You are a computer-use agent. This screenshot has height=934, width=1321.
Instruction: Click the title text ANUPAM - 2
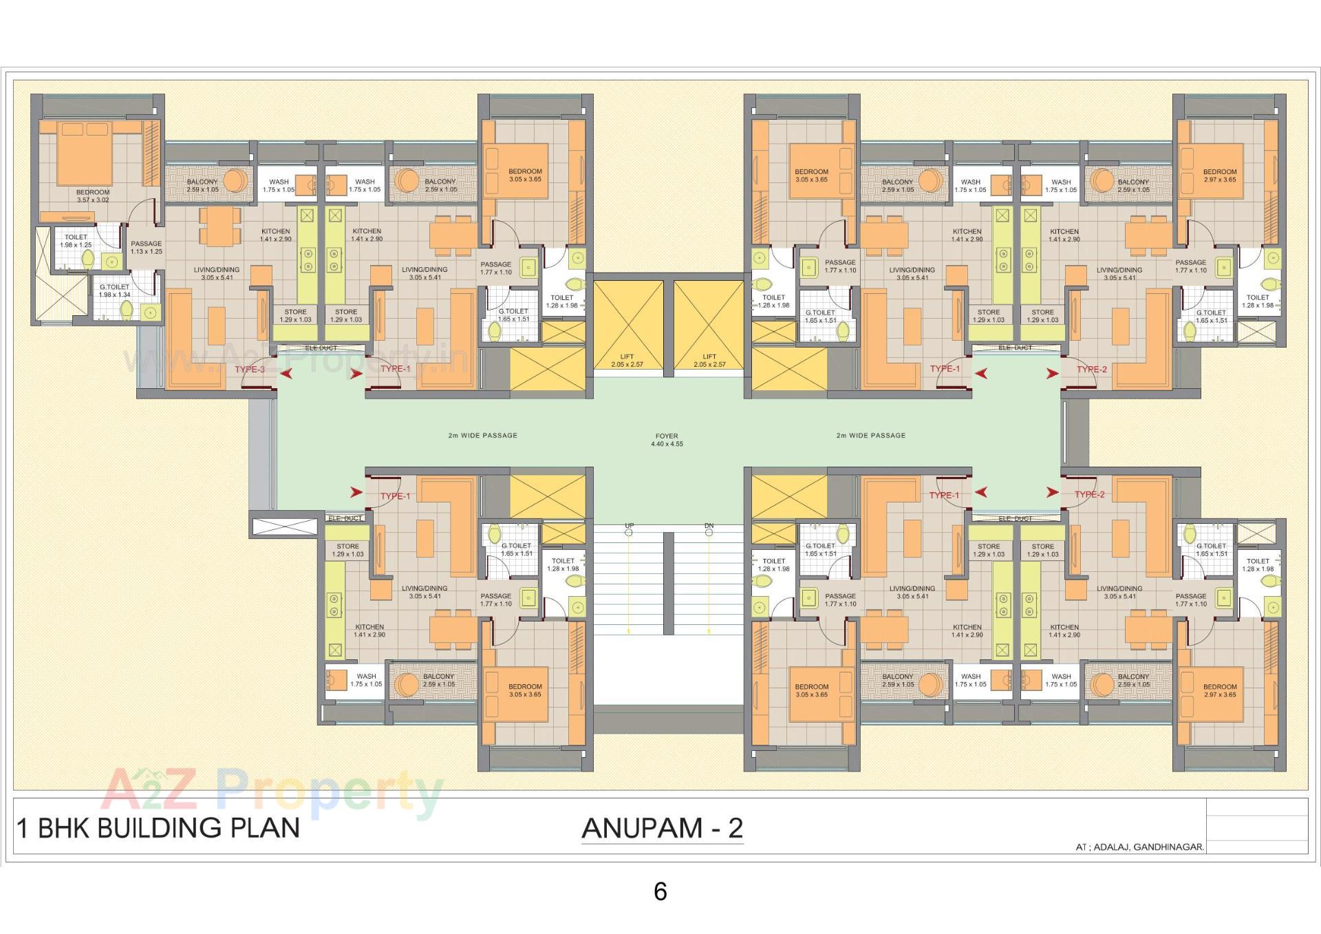[x=662, y=828]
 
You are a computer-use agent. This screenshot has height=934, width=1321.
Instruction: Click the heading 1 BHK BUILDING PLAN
[x=158, y=828]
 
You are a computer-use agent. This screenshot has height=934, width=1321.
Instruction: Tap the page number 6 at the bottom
[x=660, y=892]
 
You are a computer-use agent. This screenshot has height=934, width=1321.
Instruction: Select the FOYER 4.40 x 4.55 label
[x=666, y=440]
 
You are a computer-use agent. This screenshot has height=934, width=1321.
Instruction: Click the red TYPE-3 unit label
[x=249, y=370]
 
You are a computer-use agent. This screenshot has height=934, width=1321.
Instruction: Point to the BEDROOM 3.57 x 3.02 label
[x=92, y=196]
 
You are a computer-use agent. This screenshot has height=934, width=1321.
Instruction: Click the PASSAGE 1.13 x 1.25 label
[x=146, y=247]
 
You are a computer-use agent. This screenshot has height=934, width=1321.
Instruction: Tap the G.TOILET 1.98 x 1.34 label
[x=114, y=290]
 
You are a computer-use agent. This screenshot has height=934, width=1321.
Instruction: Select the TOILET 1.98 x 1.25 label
[x=76, y=240]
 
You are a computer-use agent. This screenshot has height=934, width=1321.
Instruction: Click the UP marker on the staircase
[x=629, y=526]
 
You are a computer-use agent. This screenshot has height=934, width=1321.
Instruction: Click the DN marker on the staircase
[x=709, y=526]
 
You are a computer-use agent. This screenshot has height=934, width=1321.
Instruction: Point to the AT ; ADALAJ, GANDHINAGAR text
[x=1139, y=847]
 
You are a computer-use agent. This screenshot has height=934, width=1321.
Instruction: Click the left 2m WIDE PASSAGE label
[x=482, y=435]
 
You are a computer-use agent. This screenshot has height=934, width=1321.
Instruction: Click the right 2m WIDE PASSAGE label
[x=870, y=435]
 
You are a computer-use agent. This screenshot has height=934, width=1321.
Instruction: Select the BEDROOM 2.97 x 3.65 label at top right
[x=1219, y=176]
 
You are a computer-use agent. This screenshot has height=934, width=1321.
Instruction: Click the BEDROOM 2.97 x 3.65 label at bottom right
[x=1219, y=690]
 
